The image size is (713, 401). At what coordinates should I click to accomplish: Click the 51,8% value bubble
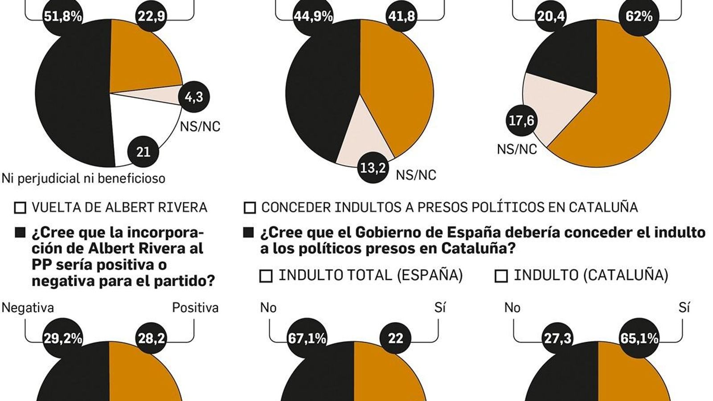point(63,16)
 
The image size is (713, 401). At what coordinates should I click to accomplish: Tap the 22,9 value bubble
point(151,16)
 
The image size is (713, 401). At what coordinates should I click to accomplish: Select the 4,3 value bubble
point(194,97)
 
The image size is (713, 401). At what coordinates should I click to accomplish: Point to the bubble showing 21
point(143,152)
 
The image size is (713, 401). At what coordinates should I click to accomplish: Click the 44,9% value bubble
point(313,16)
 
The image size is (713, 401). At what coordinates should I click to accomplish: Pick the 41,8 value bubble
point(402,16)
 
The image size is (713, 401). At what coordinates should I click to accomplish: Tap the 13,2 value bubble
point(373,168)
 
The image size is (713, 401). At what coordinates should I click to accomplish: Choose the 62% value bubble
point(639,16)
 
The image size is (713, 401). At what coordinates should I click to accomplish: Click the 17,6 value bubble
point(521,120)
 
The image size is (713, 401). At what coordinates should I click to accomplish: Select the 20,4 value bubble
point(551,16)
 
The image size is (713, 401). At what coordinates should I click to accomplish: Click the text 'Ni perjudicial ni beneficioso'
point(83,179)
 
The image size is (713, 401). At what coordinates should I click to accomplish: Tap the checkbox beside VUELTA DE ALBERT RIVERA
point(20,208)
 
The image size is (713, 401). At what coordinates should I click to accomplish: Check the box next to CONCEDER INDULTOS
point(250,208)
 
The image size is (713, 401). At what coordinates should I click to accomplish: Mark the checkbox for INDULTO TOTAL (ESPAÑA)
point(266,276)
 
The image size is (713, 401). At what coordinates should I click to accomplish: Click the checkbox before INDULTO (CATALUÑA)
point(501,276)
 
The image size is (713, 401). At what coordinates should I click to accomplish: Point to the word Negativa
point(28,308)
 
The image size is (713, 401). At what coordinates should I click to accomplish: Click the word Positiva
point(195,308)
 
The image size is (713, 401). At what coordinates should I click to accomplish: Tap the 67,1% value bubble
point(307,339)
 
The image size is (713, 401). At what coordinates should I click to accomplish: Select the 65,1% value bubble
point(639,339)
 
